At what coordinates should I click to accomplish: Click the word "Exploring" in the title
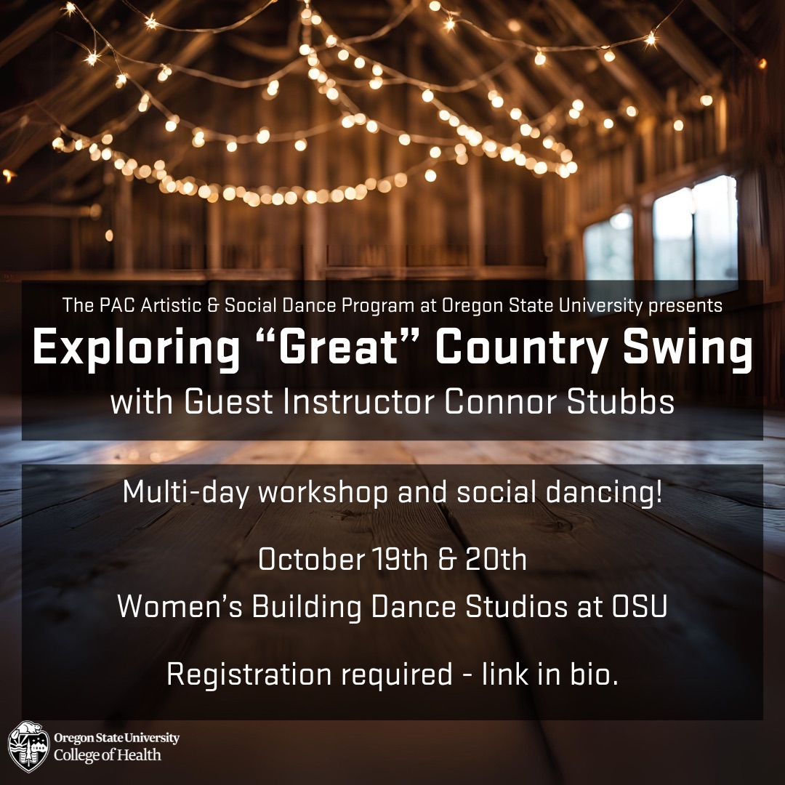(x=136, y=348)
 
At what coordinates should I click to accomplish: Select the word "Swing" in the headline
(x=688, y=348)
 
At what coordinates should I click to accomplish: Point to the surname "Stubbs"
(x=621, y=401)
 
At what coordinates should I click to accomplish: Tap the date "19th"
(x=400, y=559)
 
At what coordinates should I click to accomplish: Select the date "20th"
(x=496, y=559)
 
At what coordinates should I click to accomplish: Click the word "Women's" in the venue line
(x=180, y=606)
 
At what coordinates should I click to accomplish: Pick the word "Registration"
(x=249, y=675)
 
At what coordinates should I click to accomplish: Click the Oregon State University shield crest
(x=29, y=746)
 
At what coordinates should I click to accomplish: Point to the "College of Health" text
(x=107, y=755)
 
